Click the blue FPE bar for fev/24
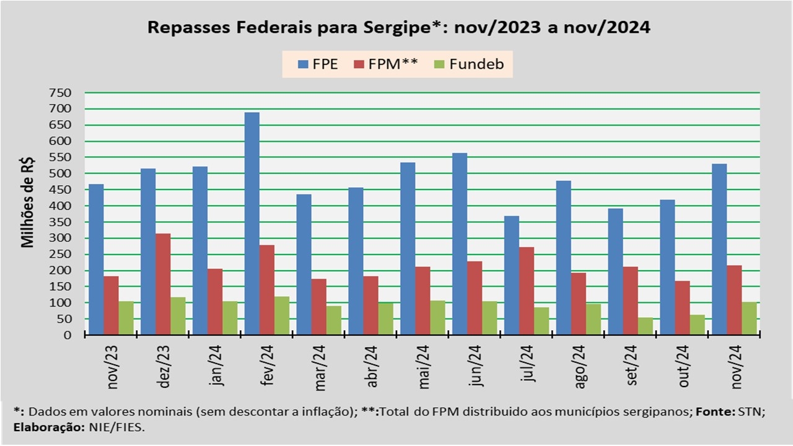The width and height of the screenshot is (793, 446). click(x=252, y=224)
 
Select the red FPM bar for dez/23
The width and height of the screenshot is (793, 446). click(x=163, y=284)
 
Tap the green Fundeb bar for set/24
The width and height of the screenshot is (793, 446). click(x=645, y=326)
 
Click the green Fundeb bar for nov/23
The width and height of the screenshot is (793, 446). click(x=126, y=318)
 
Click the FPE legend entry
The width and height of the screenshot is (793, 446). click(x=318, y=64)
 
